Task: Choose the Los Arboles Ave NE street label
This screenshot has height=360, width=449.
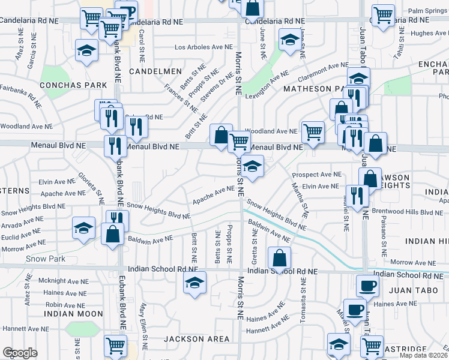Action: [203, 47]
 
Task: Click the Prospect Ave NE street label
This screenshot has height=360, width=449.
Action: [316, 175]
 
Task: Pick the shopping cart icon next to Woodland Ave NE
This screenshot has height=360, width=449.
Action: [313, 131]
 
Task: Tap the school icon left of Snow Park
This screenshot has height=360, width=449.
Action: [83, 227]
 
